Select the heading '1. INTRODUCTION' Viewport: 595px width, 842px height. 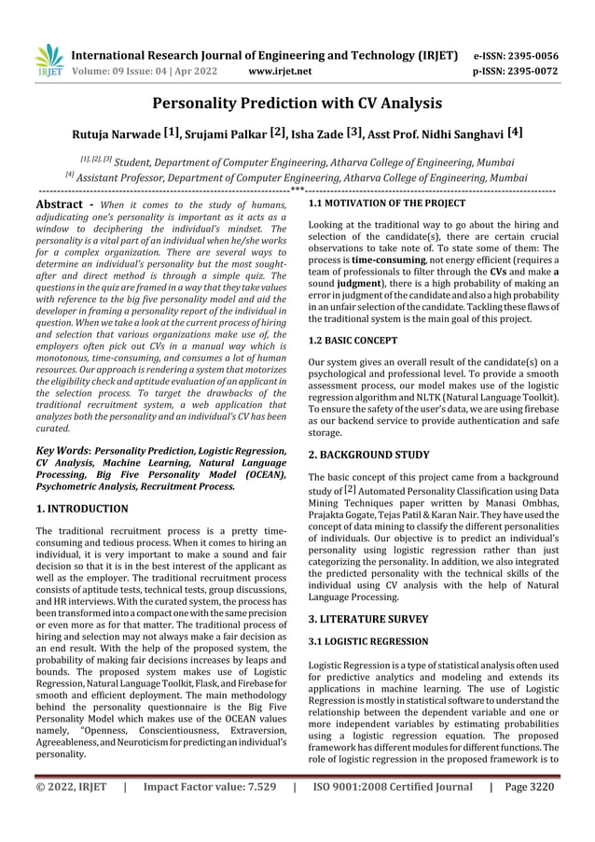click(x=81, y=509)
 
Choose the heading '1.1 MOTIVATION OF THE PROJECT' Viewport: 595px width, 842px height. click(x=386, y=202)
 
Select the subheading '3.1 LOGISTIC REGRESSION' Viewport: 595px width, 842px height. click(x=368, y=641)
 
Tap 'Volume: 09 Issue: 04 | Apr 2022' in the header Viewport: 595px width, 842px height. click(x=138, y=70)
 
